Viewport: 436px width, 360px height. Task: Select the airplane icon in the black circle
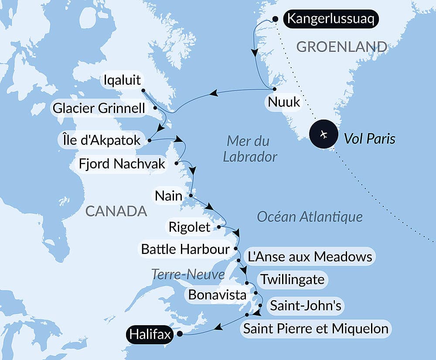pyautogui.click(x=324, y=134)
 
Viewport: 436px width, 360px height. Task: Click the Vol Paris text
pyautogui.click(x=369, y=139)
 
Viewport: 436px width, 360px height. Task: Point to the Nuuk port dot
pyautogui.click(x=274, y=89)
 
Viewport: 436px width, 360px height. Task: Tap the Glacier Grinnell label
pyautogui.click(x=98, y=108)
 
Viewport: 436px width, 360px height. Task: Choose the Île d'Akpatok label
pyautogui.click(x=99, y=140)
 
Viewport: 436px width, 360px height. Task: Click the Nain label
pyautogui.click(x=168, y=196)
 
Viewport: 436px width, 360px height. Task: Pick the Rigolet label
pyautogui.click(x=189, y=227)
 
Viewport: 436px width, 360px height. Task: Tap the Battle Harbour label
pyautogui.click(x=185, y=249)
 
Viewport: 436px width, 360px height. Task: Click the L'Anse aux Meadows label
pyautogui.click(x=310, y=257)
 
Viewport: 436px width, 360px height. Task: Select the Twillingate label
pyautogui.click(x=292, y=279)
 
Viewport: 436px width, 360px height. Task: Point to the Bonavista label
pyautogui.click(x=217, y=295)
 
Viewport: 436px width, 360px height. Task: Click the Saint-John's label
pyautogui.click(x=305, y=305)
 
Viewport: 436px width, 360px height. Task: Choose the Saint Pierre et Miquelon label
pyautogui.click(x=316, y=328)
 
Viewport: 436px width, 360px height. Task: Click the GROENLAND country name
pyautogui.click(x=341, y=47)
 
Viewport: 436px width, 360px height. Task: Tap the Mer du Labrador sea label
pyautogui.click(x=250, y=149)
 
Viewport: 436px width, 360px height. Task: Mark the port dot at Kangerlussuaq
pyautogui.click(x=275, y=19)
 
